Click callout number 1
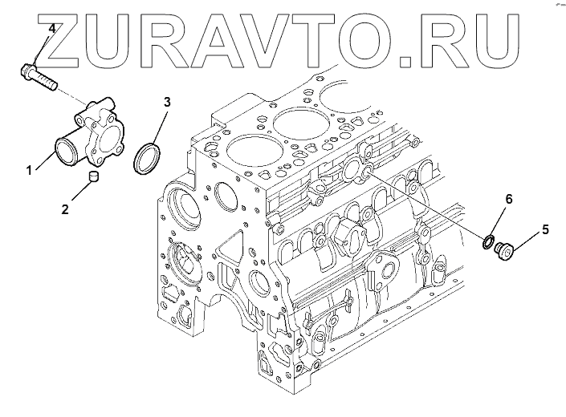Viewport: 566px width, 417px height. pyautogui.click(x=30, y=170)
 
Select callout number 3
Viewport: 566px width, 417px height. pyautogui.click(x=167, y=102)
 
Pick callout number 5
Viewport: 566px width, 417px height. pyautogui.click(x=545, y=229)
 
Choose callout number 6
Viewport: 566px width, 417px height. pyautogui.click(x=508, y=197)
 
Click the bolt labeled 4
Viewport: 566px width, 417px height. pyautogui.click(x=40, y=78)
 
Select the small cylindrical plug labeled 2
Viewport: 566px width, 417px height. pyautogui.click(x=94, y=176)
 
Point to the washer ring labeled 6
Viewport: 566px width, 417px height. pyautogui.click(x=487, y=241)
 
